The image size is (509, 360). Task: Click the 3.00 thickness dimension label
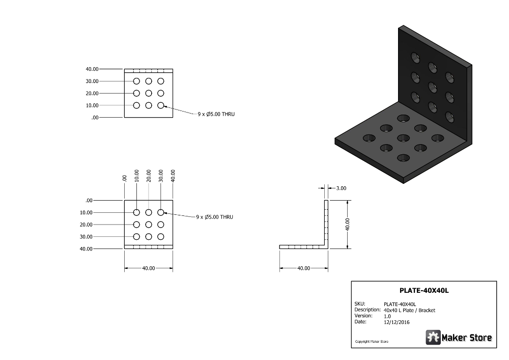(341, 188)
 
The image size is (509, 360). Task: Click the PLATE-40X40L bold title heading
(424, 291)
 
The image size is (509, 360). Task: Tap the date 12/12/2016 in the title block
(397, 322)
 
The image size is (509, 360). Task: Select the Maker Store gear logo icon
(433, 337)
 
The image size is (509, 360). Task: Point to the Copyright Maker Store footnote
(372, 342)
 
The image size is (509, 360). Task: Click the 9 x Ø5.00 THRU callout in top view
(216, 114)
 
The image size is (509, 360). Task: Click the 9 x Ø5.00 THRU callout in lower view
(215, 217)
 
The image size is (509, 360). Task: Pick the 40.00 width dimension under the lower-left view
(148, 268)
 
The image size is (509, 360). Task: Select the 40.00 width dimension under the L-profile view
(303, 268)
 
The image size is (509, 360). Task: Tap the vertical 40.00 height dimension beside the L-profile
(348, 225)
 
